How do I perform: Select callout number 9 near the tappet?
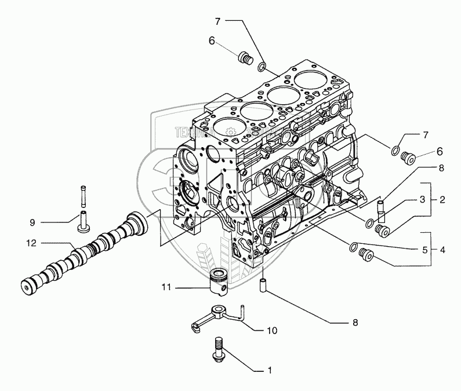click(x=32, y=221)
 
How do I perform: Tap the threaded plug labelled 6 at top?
click(x=245, y=57)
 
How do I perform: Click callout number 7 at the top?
click(x=217, y=21)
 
